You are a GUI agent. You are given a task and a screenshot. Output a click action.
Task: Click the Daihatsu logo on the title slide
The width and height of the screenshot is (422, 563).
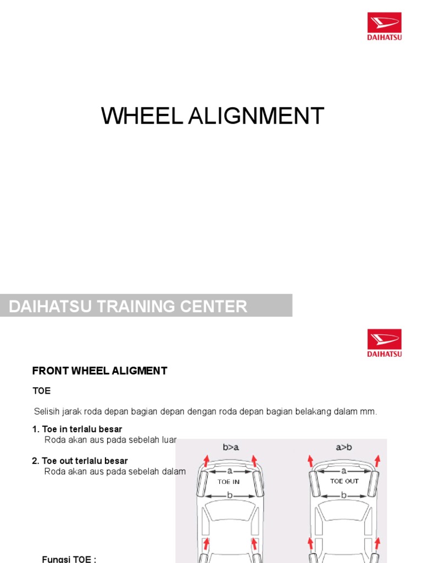(x=385, y=27)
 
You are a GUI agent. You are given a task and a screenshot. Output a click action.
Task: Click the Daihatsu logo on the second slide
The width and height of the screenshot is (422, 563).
(x=385, y=343)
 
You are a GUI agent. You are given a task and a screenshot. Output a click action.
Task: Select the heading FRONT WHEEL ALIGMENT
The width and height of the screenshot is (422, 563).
(x=99, y=371)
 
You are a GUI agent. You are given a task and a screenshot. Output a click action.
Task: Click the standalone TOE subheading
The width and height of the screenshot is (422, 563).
(x=41, y=391)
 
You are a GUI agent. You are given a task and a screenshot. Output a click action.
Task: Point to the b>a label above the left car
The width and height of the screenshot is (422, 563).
(x=231, y=447)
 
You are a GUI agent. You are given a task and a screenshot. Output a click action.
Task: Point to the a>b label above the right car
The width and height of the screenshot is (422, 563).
(x=343, y=447)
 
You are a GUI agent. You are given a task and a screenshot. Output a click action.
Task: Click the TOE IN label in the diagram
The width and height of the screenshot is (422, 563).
(x=229, y=482)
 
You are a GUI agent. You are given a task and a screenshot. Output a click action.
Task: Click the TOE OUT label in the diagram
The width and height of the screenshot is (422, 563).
(x=344, y=481)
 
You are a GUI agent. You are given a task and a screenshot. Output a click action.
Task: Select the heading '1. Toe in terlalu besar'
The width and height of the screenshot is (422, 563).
(x=77, y=429)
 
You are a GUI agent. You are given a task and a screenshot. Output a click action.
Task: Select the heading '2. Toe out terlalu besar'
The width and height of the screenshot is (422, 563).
(x=80, y=461)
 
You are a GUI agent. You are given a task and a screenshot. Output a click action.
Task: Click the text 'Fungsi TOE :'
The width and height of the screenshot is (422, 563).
(x=69, y=559)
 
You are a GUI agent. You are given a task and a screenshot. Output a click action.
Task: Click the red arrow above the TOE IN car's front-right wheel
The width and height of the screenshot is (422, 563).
(x=254, y=460)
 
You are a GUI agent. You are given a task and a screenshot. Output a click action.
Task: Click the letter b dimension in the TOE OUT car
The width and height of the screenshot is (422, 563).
(x=344, y=495)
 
